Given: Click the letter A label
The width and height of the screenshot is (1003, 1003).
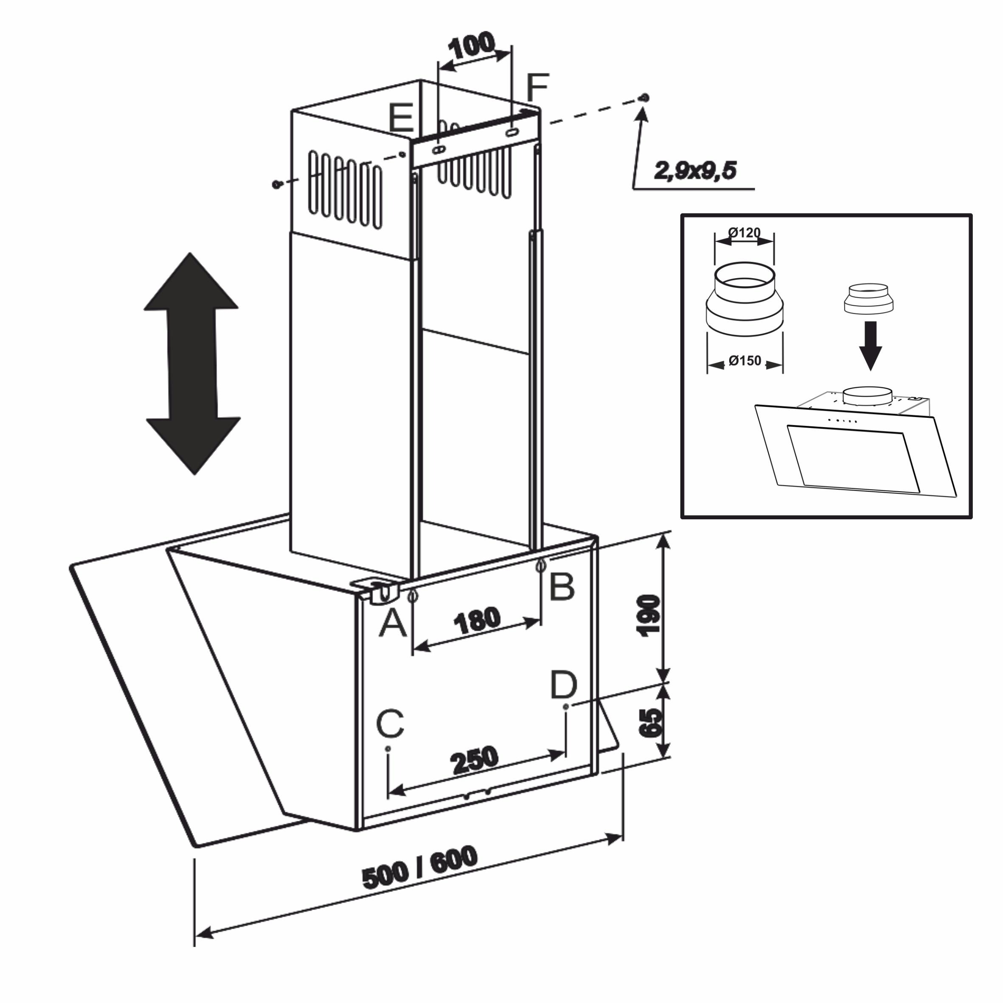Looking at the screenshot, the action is click(x=392, y=623).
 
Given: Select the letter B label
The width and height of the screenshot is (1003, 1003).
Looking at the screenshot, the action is click(x=562, y=587).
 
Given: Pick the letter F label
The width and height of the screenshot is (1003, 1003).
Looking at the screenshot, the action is click(x=537, y=88).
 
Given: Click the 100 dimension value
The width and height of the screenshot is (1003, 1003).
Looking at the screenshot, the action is click(x=471, y=46).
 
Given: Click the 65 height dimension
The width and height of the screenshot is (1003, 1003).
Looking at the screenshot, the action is click(x=650, y=722).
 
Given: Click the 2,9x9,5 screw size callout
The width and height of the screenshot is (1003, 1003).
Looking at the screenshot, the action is click(x=695, y=170).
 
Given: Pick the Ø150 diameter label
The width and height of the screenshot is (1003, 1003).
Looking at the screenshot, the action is click(x=745, y=360).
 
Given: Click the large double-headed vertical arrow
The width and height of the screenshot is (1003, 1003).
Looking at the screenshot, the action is click(x=192, y=363).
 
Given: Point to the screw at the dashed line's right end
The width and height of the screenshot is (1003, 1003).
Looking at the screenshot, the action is click(x=645, y=97).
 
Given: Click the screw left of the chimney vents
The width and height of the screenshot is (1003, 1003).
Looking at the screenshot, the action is click(x=276, y=184).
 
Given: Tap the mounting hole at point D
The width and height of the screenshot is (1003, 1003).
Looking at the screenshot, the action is click(x=565, y=707).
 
